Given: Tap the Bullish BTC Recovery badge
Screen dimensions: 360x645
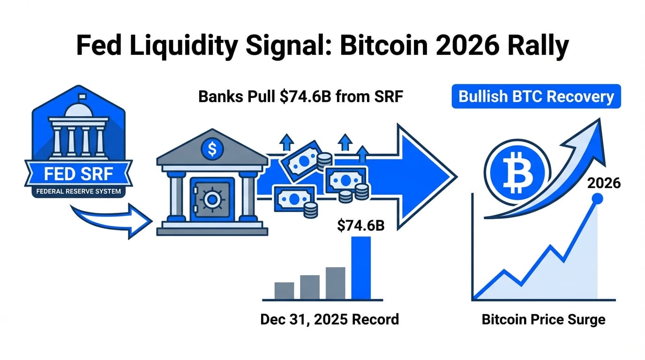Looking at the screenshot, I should click(x=536, y=97).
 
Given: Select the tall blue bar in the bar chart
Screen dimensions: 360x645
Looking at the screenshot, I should click(x=361, y=267).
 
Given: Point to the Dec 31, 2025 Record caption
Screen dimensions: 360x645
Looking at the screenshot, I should click(x=330, y=320).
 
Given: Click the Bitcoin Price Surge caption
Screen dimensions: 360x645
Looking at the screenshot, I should click(x=543, y=320).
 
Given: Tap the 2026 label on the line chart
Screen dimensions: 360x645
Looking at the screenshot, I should click(x=604, y=183).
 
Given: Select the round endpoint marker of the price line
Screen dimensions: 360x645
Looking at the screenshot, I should click(x=597, y=199).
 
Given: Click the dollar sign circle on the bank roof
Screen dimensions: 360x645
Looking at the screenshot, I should click(x=212, y=150).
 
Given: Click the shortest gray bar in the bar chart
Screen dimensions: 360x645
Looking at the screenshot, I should click(x=284, y=290).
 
